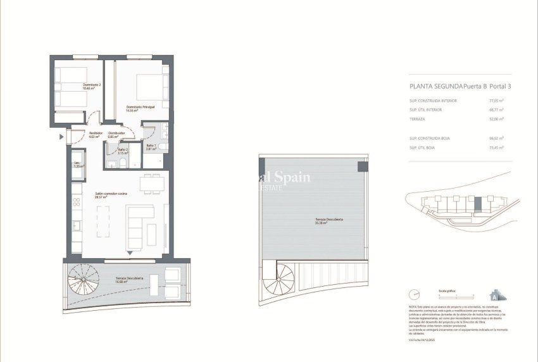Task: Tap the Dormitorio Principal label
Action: coord(141,109)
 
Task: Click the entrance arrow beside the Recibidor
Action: coord(61,136)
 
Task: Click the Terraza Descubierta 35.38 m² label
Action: coord(329,221)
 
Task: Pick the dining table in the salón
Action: coord(150,184)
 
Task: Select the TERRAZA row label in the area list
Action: coord(417,118)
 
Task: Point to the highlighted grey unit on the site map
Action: coord(479,204)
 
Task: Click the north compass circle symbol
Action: coord(415,294)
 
